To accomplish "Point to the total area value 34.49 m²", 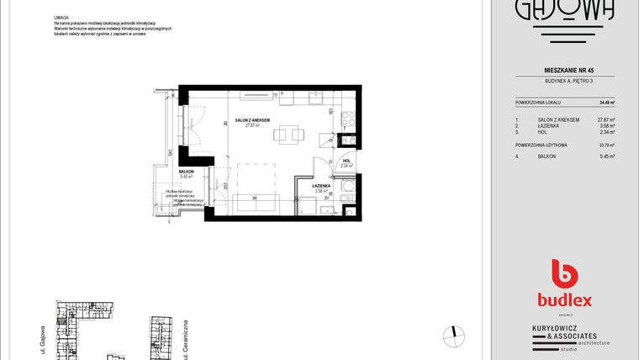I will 606,102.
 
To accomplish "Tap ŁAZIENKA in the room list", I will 552,126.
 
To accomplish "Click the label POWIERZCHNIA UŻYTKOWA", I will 541,145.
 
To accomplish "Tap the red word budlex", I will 565,299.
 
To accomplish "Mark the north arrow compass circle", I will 454,335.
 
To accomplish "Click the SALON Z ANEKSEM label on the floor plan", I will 254,120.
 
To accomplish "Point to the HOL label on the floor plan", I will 346,161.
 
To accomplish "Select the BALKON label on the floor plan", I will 187,172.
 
